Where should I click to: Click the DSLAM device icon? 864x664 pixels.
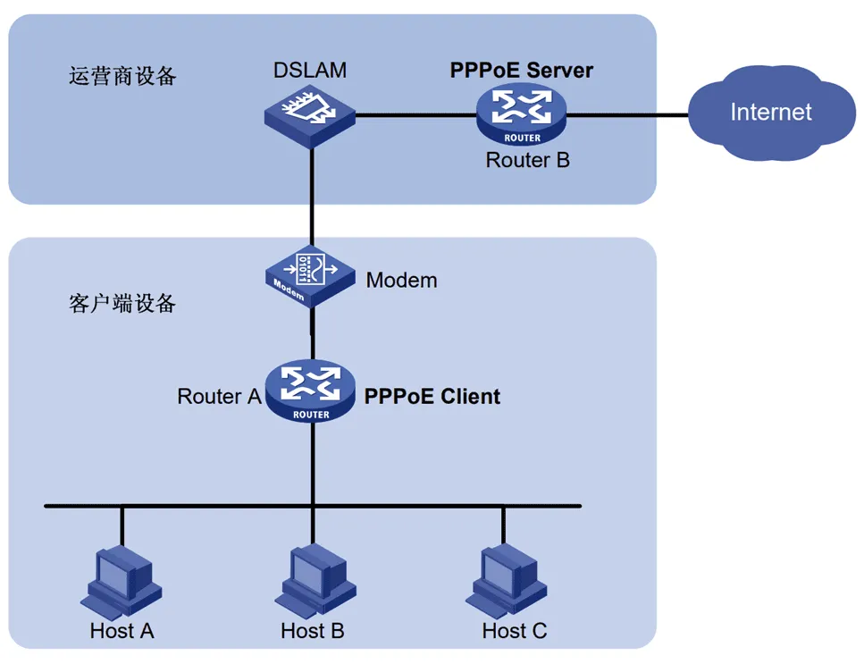pyautogui.click(x=310, y=116)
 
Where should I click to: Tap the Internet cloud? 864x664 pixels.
pyautogui.click(x=770, y=113)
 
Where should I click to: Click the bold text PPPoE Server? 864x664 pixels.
pyautogui.click(x=521, y=71)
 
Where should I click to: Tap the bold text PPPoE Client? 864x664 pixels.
pyautogui.click(x=432, y=396)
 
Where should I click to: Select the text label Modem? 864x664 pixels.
pyautogui.click(x=401, y=281)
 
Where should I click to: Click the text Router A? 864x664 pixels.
pyautogui.click(x=219, y=396)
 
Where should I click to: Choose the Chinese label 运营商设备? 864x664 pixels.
pyautogui.click(x=122, y=75)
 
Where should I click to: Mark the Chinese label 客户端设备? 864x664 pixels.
pyautogui.click(x=122, y=304)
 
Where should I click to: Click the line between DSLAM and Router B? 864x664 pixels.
pyautogui.click(x=415, y=115)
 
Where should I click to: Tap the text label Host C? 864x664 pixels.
pyautogui.click(x=514, y=631)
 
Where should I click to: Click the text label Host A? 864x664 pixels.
pyautogui.click(x=122, y=631)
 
